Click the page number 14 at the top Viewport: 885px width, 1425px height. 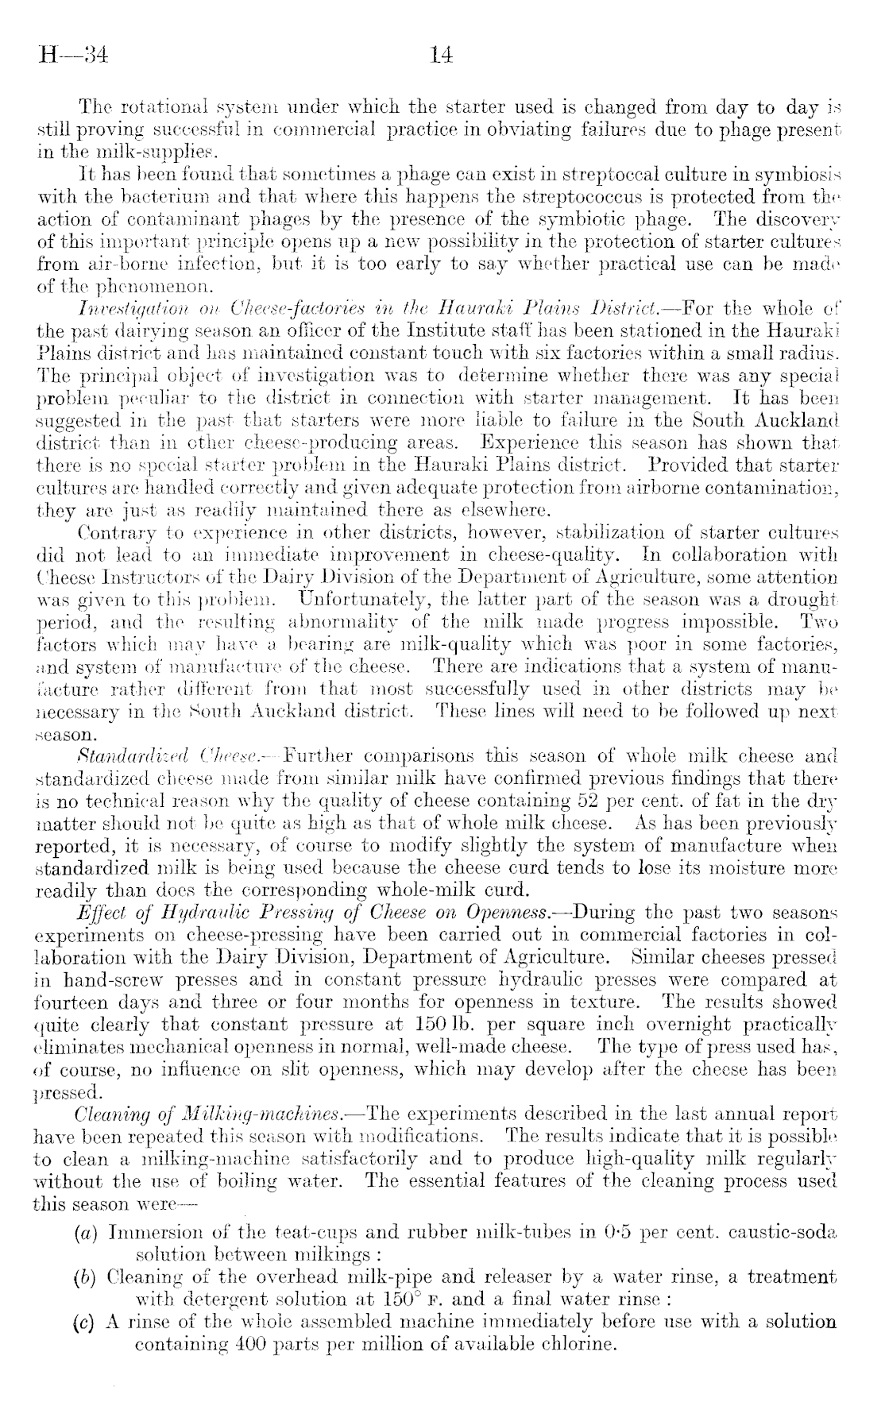(x=440, y=56)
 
